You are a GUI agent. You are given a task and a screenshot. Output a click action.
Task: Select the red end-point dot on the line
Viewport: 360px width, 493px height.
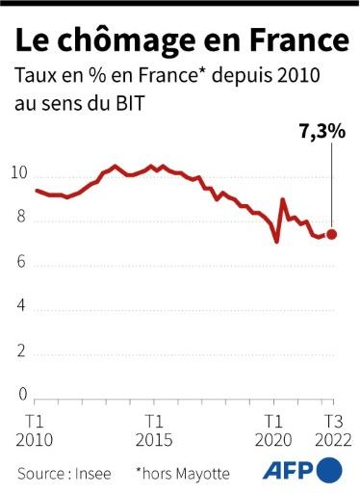(x=332, y=233)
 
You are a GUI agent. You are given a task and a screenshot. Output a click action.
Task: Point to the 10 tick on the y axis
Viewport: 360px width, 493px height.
(x=22, y=174)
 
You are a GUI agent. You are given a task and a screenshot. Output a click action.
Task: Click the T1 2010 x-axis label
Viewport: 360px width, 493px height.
(x=35, y=430)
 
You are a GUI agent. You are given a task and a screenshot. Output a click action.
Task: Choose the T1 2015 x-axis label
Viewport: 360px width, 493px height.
(x=154, y=430)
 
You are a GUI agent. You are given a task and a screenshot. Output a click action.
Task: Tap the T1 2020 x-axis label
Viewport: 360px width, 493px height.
(x=274, y=430)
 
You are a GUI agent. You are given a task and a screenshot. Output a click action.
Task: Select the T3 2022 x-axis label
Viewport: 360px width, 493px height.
(x=331, y=430)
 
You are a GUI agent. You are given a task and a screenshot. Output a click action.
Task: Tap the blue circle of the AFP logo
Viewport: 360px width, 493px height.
(x=330, y=471)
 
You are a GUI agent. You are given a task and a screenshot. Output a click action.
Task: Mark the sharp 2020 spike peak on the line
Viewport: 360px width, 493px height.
(x=282, y=199)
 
